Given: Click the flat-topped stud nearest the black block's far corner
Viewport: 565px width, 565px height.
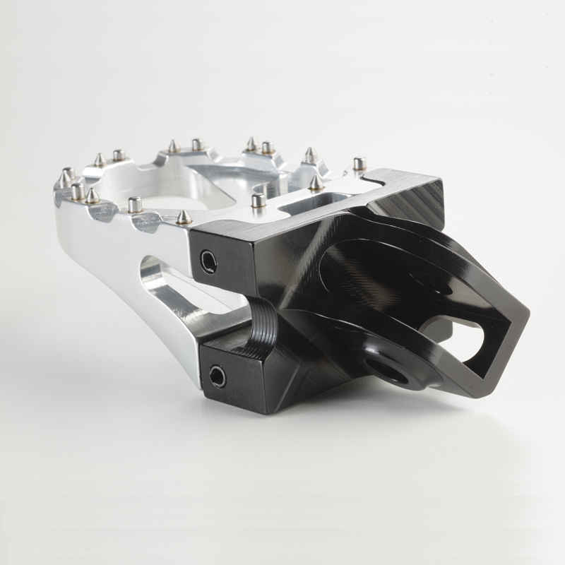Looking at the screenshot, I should pyautogui.click(x=359, y=164).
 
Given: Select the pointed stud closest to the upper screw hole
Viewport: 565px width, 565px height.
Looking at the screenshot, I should pyautogui.click(x=183, y=216).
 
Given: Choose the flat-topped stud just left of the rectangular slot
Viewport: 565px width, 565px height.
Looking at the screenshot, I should pyautogui.click(x=258, y=200).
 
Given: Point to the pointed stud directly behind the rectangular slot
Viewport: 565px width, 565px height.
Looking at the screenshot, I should pyautogui.click(x=315, y=182).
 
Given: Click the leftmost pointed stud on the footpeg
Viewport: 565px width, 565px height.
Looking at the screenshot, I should pyautogui.click(x=68, y=174).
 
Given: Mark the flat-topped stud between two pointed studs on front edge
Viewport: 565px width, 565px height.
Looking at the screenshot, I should pyautogui.click(x=134, y=204).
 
